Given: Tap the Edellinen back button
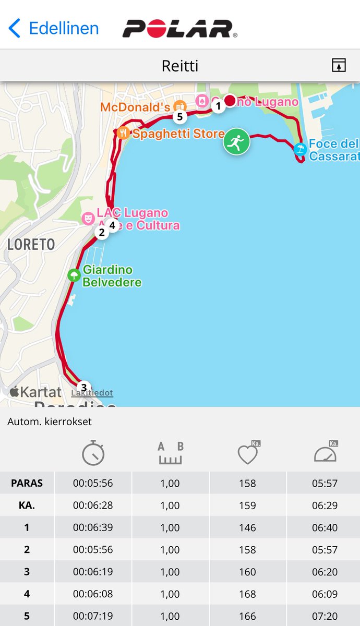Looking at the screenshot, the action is (x=54, y=28).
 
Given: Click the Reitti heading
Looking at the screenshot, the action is (x=180, y=66).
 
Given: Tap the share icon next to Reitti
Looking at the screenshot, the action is (x=339, y=65).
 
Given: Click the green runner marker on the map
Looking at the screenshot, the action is (x=236, y=141).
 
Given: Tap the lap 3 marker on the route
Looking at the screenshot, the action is (x=84, y=387).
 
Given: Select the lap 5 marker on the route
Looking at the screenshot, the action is (x=180, y=116).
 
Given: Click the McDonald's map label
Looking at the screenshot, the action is (x=135, y=107).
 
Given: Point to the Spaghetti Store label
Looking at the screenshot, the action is (x=178, y=134).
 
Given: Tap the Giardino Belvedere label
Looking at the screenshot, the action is (x=112, y=276).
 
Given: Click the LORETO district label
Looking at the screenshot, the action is (x=31, y=244).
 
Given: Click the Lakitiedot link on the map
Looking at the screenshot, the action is (x=92, y=393).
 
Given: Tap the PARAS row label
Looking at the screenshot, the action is (x=27, y=483).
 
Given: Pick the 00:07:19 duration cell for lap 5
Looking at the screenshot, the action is (x=93, y=616).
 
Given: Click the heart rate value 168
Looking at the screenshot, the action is (x=247, y=594).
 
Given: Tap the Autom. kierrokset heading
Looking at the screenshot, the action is (x=50, y=422).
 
